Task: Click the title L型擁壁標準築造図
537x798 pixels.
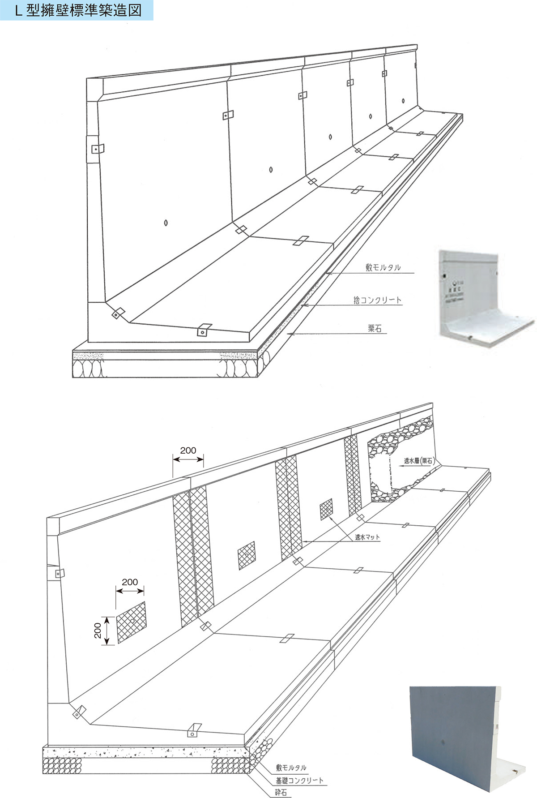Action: coord(78,10)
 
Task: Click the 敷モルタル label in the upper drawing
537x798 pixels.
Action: coord(383,267)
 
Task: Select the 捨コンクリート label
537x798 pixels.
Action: coord(377,300)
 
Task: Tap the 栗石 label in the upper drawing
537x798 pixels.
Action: coord(375,329)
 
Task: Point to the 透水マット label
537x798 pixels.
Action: coord(367,537)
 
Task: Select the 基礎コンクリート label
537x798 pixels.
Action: coord(299,781)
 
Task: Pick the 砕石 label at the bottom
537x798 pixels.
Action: coord(281,793)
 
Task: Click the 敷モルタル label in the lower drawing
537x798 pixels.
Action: coord(291,768)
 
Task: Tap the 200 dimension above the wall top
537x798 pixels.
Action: coord(188,450)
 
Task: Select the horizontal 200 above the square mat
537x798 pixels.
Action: coord(130,582)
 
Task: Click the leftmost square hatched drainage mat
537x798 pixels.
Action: coord(132,622)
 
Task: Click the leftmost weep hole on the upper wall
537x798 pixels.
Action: coord(166,223)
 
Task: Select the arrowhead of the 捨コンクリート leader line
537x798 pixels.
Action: coord(303,305)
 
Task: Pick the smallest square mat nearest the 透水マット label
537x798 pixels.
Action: coord(326,509)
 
